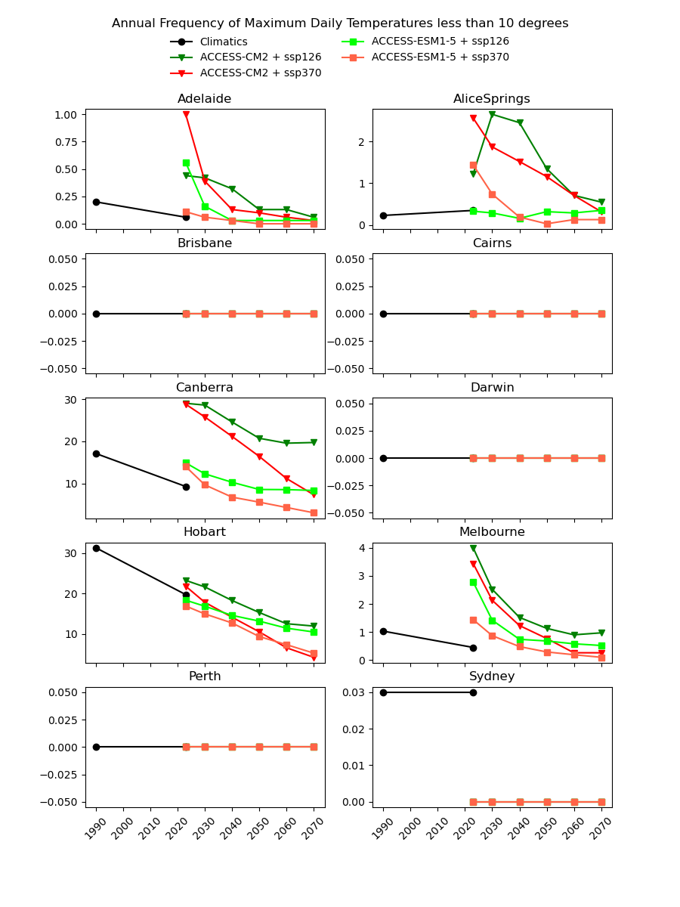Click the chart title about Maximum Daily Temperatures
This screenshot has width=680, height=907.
(x=340, y=23)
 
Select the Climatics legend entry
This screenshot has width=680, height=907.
(x=224, y=42)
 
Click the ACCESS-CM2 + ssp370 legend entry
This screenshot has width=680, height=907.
(x=260, y=73)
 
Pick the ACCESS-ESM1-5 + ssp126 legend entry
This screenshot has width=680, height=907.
(x=440, y=42)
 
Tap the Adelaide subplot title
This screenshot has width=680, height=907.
(x=205, y=99)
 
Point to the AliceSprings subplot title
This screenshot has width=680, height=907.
(x=492, y=99)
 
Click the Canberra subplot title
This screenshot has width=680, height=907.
(x=205, y=388)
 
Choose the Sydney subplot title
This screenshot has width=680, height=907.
(x=492, y=676)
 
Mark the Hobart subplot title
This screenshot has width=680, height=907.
(x=205, y=532)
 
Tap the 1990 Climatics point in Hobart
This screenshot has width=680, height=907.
(x=96, y=548)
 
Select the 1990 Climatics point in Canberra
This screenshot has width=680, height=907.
(x=96, y=453)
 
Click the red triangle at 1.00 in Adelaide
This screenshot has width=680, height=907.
(x=186, y=115)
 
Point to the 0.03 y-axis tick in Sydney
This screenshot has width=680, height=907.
(x=355, y=692)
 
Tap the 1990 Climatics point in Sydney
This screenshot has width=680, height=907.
(x=383, y=692)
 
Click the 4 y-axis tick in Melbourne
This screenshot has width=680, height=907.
(x=362, y=548)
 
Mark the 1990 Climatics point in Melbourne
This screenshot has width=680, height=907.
(x=383, y=631)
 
